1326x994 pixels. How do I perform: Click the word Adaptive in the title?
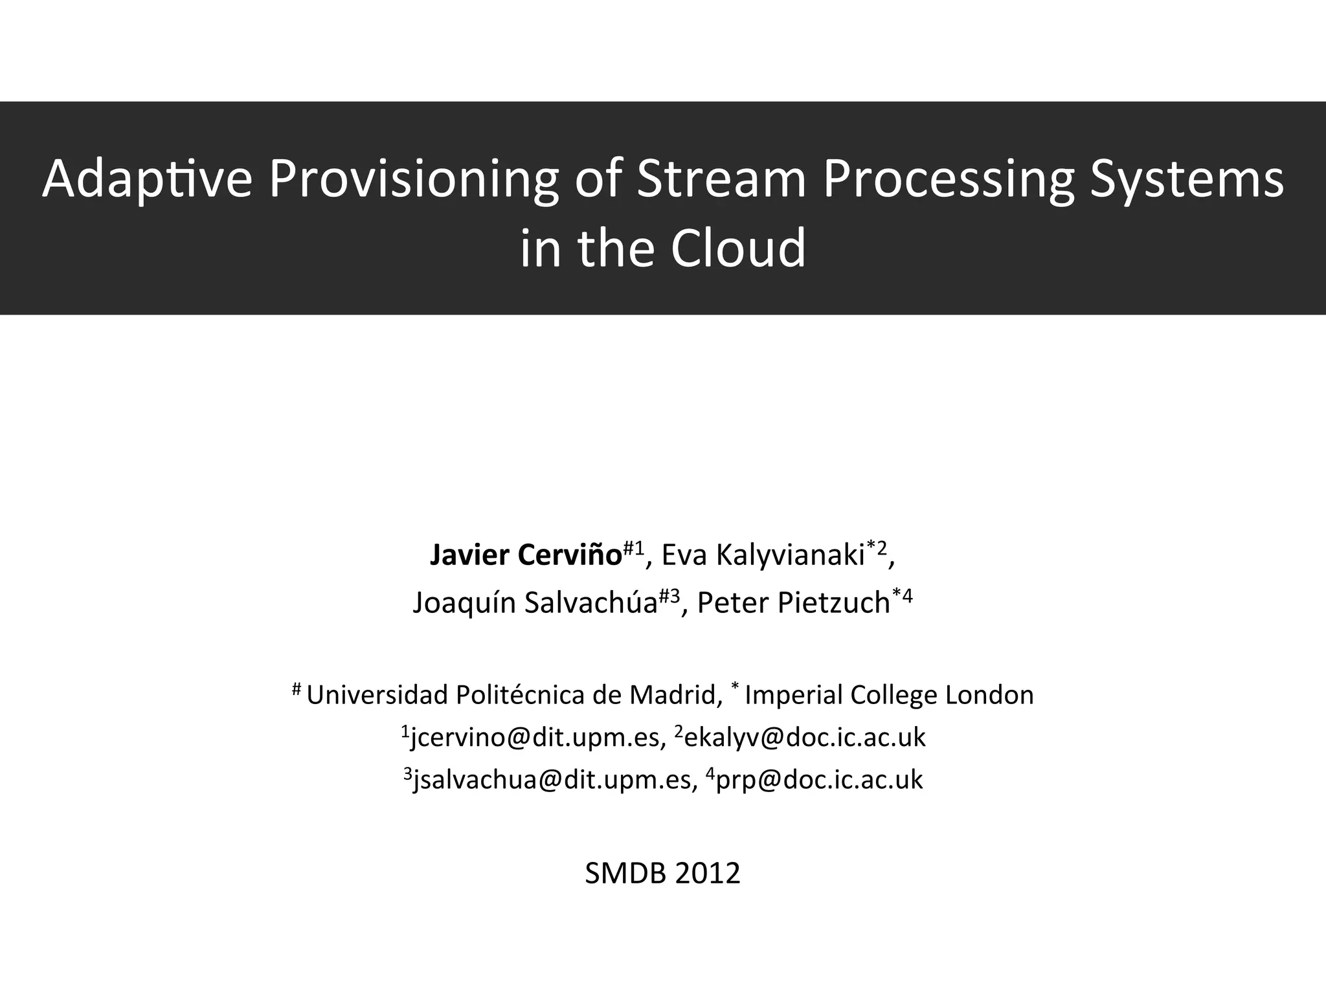coord(147,179)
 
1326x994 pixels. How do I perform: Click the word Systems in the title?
coord(1187,179)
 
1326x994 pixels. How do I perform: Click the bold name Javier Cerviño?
coord(526,556)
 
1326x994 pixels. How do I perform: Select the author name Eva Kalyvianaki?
coord(763,556)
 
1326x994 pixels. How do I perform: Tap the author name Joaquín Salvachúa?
coord(535,603)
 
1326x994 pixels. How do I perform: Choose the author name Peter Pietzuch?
coord(793,603)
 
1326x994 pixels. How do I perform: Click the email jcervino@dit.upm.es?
coord(535,738)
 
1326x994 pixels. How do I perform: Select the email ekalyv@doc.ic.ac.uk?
coord(805,738)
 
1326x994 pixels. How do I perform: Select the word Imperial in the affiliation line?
coord(794,695)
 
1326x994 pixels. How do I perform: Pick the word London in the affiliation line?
coord(989,695)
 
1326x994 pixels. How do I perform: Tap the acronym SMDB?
coord(625,874)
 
